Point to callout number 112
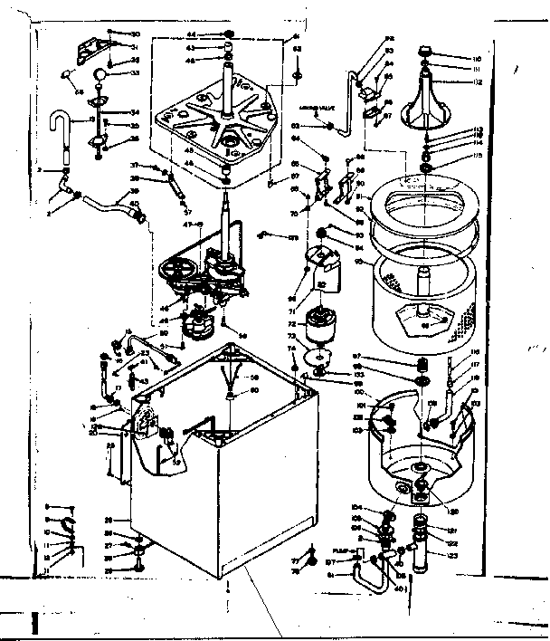(x=477, y=81)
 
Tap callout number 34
(x=133, y=113)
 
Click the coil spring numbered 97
(x=419, y=365)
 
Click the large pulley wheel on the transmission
(x=175, y=270)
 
